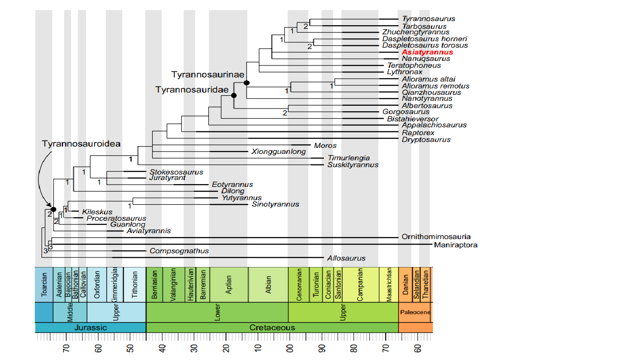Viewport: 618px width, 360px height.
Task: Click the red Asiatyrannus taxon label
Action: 427,52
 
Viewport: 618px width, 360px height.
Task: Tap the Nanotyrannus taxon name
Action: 427,98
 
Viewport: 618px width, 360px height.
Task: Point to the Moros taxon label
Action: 325,146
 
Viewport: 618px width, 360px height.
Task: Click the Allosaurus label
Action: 346,258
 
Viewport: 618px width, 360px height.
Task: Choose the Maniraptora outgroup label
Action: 455,245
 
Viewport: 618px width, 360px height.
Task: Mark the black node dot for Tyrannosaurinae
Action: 247,83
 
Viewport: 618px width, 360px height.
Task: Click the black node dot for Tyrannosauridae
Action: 234,95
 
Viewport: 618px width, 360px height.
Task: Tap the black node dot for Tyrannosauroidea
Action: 53,209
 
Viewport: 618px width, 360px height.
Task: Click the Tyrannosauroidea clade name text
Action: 81,144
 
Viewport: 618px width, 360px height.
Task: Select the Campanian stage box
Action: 360,284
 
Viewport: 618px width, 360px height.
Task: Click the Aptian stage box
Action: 229,284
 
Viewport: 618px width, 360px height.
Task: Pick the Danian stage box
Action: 405,284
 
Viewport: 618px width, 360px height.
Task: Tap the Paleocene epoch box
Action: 415,312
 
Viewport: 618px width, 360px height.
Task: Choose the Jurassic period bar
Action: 90,327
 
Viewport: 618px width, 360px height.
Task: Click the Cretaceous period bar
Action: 272,327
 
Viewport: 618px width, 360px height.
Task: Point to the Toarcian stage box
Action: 44,284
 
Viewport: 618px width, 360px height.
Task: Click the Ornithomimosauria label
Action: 436,237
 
